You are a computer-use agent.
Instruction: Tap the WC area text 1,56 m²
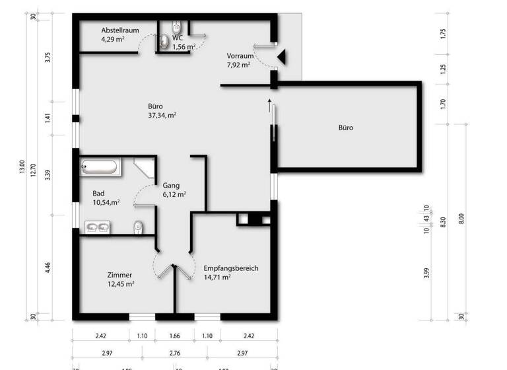tap(184, 47)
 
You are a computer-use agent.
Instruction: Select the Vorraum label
tap(240, 55)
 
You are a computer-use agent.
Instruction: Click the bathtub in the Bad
tap(101, 167)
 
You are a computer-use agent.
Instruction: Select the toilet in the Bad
tap(137, 227)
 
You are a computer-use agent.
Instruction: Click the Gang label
tap(171, 186)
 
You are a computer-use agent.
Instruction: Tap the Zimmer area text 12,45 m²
tap(121, 284)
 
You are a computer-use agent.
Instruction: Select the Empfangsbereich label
tap(230, 268)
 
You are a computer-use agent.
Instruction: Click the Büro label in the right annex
tap(346, 128)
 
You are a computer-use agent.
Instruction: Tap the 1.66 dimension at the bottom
tap(175, 336)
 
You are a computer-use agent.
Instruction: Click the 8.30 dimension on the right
tap(443, 223)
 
